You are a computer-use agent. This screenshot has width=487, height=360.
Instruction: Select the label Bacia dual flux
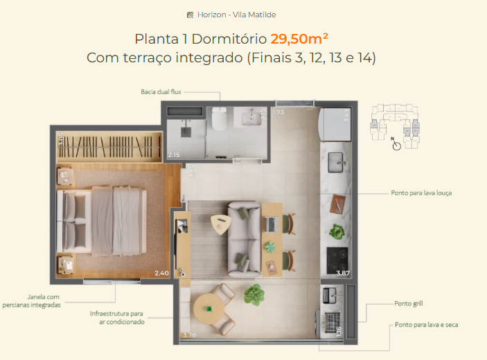[x=161, y=91]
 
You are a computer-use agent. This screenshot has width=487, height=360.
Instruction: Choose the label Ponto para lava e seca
[x=426, y=324]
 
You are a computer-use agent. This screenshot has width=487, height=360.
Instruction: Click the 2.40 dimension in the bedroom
[x=161, y=273]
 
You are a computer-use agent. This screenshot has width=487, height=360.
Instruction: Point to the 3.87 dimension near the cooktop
[x=342, y=273]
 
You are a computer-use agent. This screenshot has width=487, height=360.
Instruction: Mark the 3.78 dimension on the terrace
[x=188, y=336]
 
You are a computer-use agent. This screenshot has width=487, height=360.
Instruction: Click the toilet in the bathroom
[x=220, y=120]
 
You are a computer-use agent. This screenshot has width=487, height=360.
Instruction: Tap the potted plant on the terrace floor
[x=254, y=294]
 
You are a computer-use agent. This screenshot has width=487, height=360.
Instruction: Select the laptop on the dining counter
[x=270, y=223]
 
